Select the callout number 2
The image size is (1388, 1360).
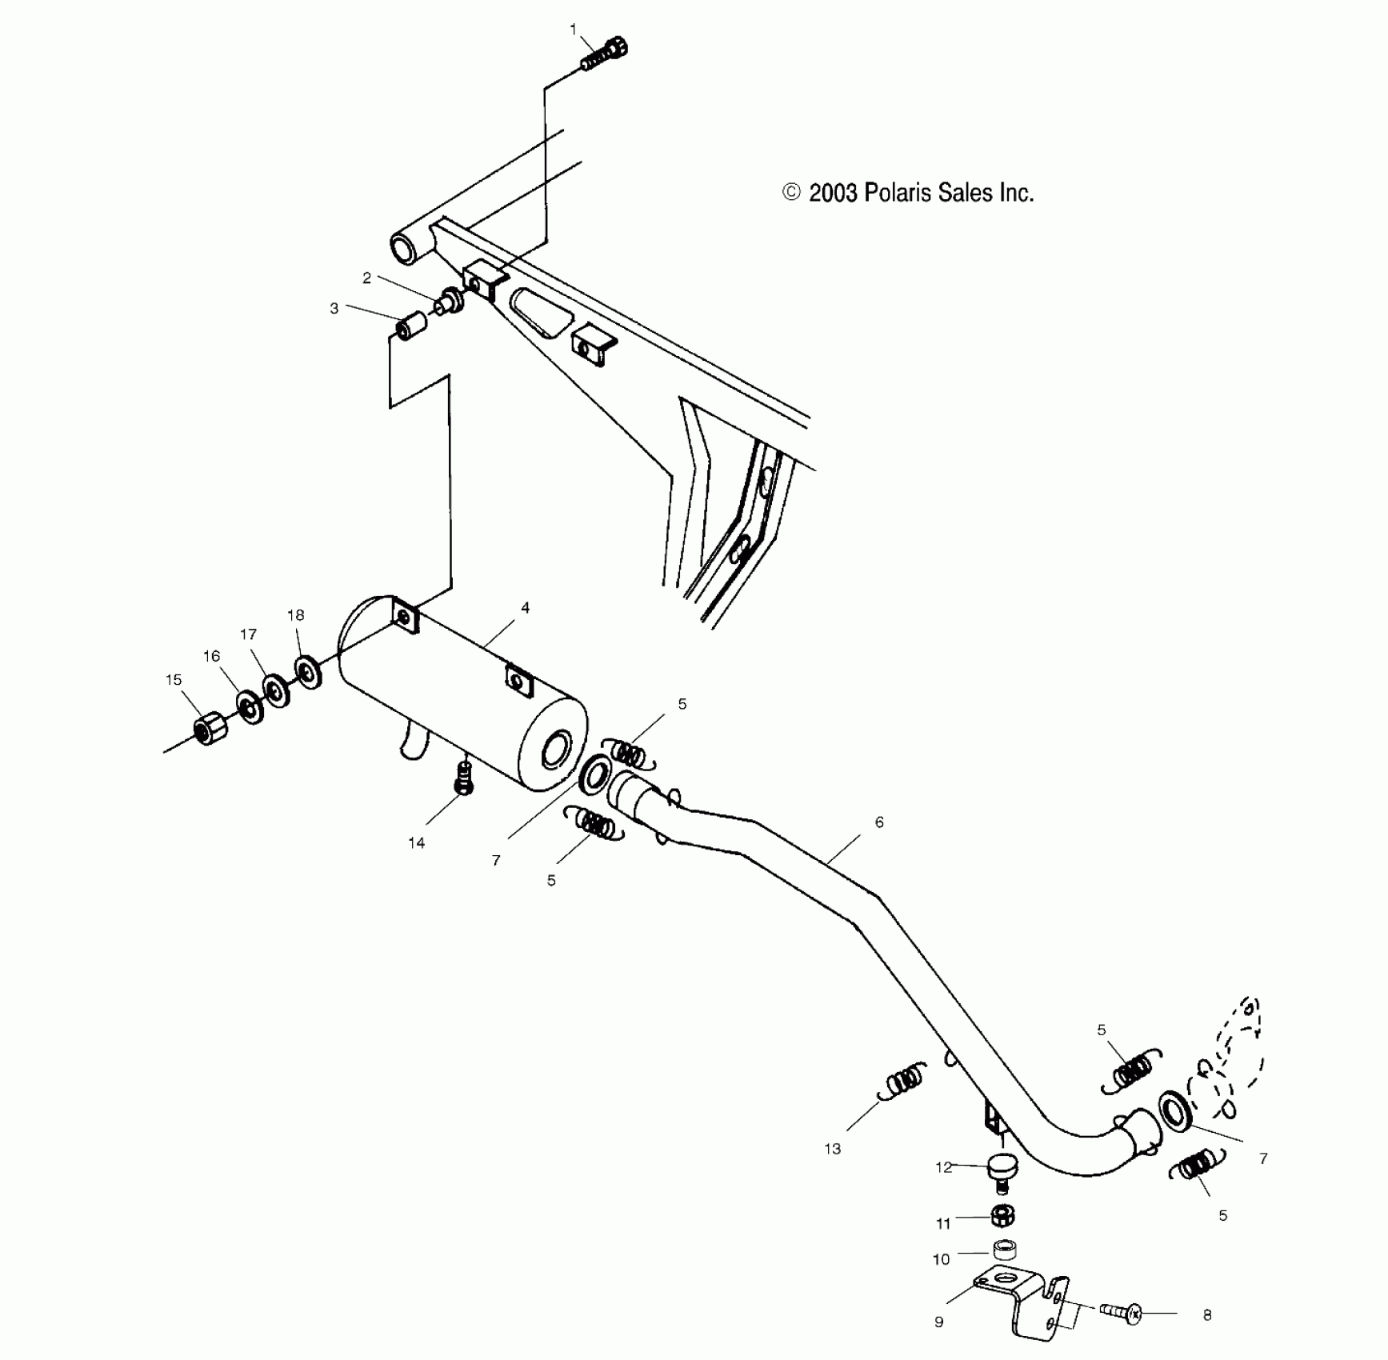366,278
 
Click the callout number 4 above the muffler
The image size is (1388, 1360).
525,608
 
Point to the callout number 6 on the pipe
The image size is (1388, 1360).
879,822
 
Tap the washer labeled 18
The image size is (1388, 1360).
307,670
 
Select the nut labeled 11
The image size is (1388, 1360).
1001,1217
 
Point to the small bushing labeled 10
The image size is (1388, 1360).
1003,1249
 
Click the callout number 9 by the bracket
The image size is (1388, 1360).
939,1322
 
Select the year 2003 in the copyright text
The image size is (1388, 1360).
833,193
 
